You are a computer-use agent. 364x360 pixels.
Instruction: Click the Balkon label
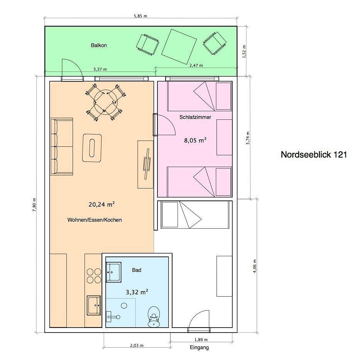click(x=99, y=45)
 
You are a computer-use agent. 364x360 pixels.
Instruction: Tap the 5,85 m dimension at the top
click(x=141, y=16)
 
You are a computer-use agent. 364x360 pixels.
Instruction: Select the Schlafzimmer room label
click(x=195, y=117)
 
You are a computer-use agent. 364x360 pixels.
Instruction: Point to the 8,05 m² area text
click(x=195, y=140)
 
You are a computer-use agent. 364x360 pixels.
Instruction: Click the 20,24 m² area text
click(x=102, y=204)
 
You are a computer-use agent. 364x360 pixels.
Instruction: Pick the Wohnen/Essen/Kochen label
click(x=95, y=220)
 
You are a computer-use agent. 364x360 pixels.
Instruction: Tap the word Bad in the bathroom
click(x=137, y=270)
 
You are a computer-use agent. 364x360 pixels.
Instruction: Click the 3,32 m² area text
click(x=137, y=292)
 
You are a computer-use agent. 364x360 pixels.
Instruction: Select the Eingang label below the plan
click(x=199, y=348)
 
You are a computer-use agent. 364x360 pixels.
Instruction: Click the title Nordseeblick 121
click(x=313, y=155)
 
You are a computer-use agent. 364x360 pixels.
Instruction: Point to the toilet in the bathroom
click(x=154, y=317)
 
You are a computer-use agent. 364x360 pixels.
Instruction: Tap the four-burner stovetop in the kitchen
click(x=94, y=276)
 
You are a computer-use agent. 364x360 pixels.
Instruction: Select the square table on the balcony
click(x=179, y=46)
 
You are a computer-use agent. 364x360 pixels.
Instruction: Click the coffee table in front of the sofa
click(x=92, y=148)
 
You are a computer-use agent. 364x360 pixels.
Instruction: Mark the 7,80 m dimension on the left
click(x=34, y=204)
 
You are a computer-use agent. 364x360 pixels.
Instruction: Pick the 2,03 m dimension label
click(x=137, y=345)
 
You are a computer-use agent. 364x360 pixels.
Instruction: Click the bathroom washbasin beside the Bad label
click(x=113, y=272)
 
